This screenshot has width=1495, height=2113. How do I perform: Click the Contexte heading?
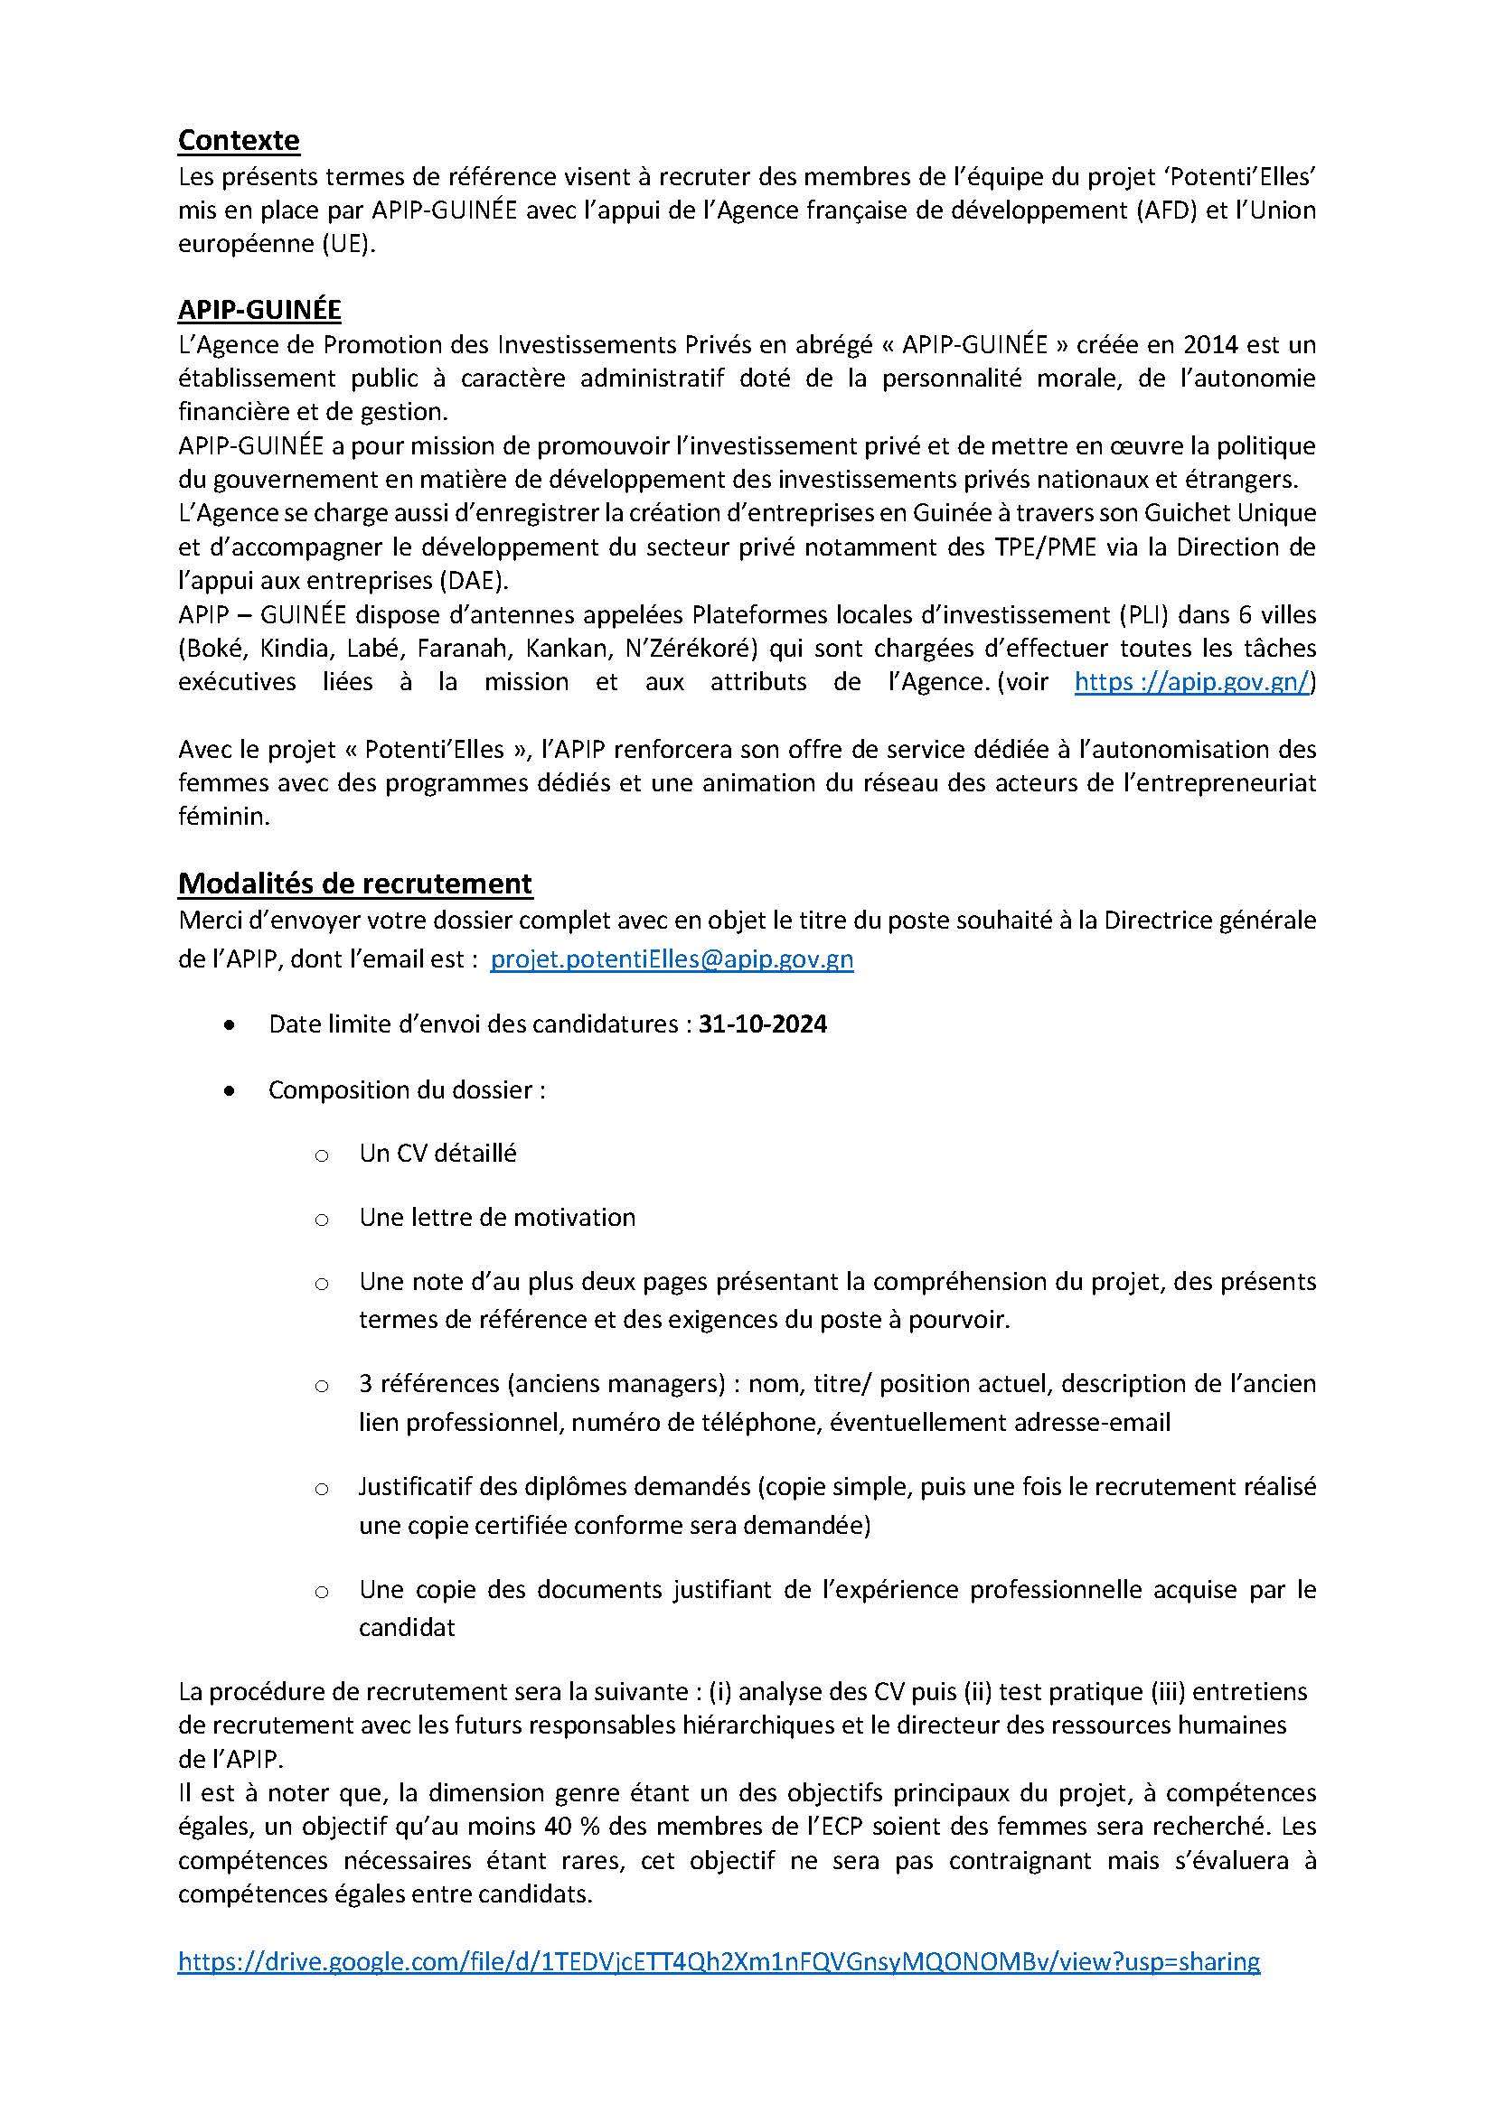[239, 140]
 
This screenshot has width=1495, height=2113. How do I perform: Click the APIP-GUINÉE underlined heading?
[259, 309]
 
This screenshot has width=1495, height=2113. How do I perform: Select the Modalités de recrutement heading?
[354, 883]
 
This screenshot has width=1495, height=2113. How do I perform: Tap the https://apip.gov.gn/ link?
[1194, 682]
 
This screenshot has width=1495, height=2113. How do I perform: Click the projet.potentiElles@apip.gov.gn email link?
[672, 959]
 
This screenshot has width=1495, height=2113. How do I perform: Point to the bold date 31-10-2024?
[762, 1024]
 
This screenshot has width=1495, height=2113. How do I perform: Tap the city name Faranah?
[460, 648]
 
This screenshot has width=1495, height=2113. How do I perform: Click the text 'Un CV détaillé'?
[438, 1153]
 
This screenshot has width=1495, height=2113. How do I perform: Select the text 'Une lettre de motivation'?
[497, 1218]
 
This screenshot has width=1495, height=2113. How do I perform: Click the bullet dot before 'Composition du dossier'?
[230, 1090]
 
